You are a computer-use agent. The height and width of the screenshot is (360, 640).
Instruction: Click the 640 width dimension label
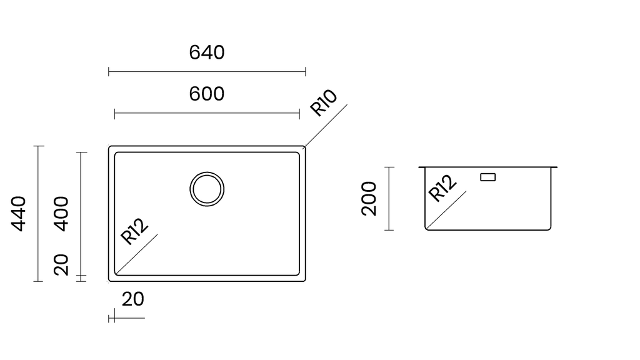(x=206, y=52)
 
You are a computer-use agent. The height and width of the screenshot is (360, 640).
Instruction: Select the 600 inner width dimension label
(x=206, y=94)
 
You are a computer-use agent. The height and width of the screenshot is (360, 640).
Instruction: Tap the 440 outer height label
(x=18, y=214)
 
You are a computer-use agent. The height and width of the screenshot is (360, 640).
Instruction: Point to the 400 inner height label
(x=61, y=214)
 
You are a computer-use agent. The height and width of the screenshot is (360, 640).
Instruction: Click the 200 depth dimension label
(x=369, y=198)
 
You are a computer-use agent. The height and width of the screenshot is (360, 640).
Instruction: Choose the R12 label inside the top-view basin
(x=134, y=231)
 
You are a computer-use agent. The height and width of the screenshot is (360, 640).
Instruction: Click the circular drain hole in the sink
(x=207, y=189)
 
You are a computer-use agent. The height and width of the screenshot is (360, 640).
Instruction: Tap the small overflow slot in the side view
(x=487, y=177)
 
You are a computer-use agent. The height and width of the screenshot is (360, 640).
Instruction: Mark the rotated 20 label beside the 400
(x=61, y=264)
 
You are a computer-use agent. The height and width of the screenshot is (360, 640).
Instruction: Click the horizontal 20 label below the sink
(x=133, y=299)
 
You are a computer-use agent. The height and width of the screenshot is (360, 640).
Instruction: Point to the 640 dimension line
(x=207, y=72)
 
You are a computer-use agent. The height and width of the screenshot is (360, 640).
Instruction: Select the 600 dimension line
(x=207, y=114)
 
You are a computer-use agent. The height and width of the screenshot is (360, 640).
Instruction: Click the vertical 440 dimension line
(x=38, y=214)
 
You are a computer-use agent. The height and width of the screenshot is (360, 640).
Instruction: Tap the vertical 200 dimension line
(x=389, y=198)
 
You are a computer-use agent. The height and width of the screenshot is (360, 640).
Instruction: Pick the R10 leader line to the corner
(x=326, y=126)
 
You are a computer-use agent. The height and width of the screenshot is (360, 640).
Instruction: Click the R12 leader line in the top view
(x=137, y=254)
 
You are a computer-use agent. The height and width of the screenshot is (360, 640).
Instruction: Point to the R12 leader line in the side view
(x=446, y=209)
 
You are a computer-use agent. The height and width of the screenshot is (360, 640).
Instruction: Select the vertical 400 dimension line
(x=81, y=214)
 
